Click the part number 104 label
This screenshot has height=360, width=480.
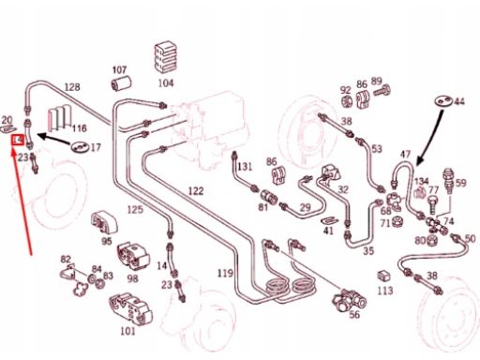tap(166, 83)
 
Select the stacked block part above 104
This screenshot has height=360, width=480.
tap(166, 57)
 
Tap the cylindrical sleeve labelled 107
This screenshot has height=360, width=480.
tap(121, 83)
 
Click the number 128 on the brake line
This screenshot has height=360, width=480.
tap(72, 87)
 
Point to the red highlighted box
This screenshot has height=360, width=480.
tap(18, 141)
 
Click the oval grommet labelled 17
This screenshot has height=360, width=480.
tap(80, 146)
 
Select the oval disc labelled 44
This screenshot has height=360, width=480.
tap(443, 101)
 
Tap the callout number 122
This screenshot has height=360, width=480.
tap(196, 191)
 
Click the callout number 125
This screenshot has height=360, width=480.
tap(135, 210)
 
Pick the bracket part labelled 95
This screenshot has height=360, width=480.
tap(104, 222)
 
